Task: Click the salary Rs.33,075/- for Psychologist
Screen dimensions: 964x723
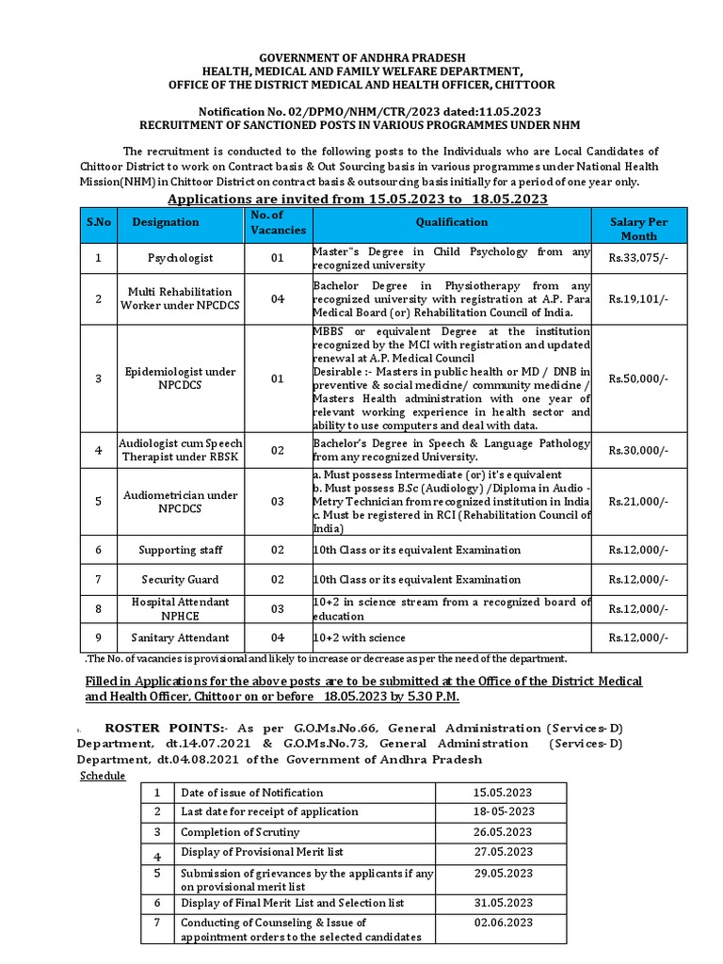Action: pos(639,258)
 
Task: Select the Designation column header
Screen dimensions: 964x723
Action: pos(166,222)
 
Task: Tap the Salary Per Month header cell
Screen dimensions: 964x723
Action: pos(639,229)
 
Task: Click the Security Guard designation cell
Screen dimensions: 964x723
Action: pos(180,580)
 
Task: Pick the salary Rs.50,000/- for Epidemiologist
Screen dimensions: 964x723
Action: pos(639,378)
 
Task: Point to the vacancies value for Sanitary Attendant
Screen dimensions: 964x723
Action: pos(278,638)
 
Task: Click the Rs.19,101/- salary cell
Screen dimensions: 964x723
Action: pos(639,299)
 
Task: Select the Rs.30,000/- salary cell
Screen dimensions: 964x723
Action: pos(639,451)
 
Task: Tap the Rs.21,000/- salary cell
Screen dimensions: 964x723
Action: pos(639,502)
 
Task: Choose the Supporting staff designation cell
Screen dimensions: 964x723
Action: pos(180,550)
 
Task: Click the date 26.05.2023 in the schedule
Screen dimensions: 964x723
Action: pos(504,832)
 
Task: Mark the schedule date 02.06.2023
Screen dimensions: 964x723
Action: pos(504,923)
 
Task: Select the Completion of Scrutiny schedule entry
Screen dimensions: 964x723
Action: pos(240,832)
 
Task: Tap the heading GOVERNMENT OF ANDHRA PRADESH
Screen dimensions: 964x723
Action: pos(361,58)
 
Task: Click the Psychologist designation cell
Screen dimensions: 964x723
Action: pos(180,258)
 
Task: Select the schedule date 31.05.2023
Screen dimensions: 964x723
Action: pos(504,903)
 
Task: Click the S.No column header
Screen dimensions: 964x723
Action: pos(99,222)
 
